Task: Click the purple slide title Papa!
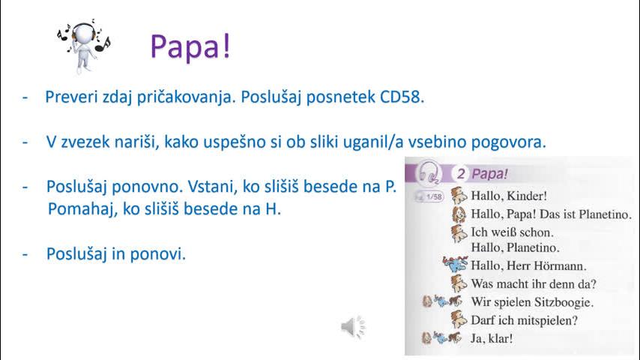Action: coord(190,46)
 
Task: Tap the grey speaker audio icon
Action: coord(353,327)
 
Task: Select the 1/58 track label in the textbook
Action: coord(434,197)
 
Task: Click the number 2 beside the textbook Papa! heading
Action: coord(460,174)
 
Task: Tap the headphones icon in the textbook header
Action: coord(428,172)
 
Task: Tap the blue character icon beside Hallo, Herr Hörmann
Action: coord(455,265)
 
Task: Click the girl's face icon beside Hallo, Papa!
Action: coord(459,214)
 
